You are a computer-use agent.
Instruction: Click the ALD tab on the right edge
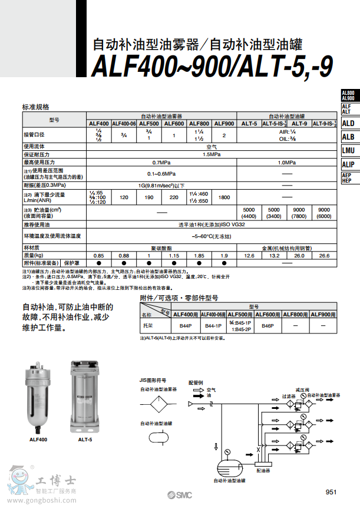click(348, 123)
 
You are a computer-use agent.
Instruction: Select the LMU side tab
click(348, 150)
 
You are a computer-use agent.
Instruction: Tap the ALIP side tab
click(348, 164)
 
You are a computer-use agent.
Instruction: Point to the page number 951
click(331, 492)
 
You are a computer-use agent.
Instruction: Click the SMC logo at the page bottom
click(179, 494)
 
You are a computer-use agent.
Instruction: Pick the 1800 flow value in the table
click(224, 197)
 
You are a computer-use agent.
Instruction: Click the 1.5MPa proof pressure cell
click(212, 154)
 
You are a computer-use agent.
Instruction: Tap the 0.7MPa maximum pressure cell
click(161, 162)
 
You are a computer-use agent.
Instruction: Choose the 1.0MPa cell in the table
click(287, 162)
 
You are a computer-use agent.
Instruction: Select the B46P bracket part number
click(268, 325)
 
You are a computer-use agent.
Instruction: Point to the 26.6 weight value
click(323, 255)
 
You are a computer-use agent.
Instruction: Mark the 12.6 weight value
click(249, 255)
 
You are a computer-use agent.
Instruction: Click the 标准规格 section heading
click(36, 107)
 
